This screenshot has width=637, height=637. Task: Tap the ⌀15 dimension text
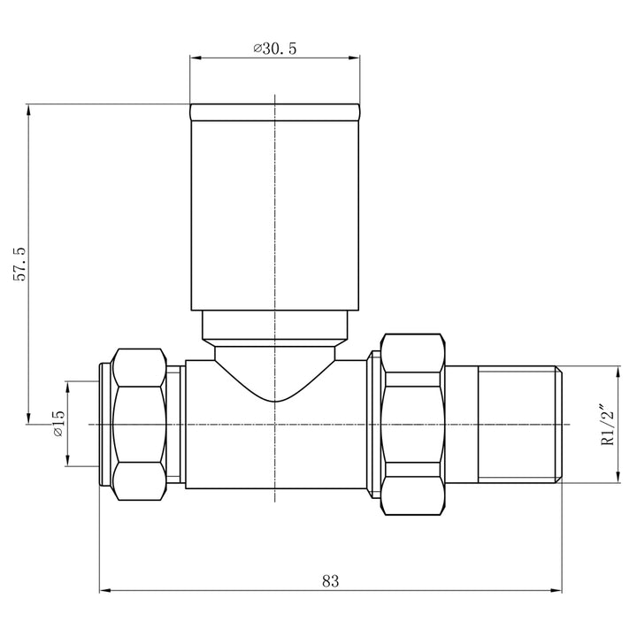coord(58,424)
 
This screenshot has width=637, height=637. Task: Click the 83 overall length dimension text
coord(330,581)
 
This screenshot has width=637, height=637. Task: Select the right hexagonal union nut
coord(411,425)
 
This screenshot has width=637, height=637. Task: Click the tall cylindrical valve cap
coord(275,212)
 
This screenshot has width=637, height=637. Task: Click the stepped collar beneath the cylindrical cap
coord(275,327)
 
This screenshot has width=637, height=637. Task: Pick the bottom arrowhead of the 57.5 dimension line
coord(30,418)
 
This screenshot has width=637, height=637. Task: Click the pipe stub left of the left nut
coord(101,425)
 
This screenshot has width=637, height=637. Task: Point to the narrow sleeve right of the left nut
coord(177,425)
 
